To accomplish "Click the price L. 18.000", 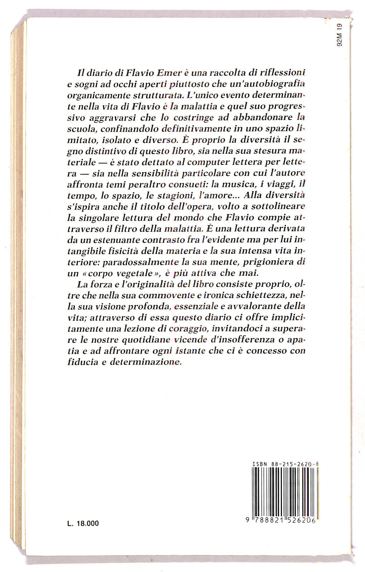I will (83, 523).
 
